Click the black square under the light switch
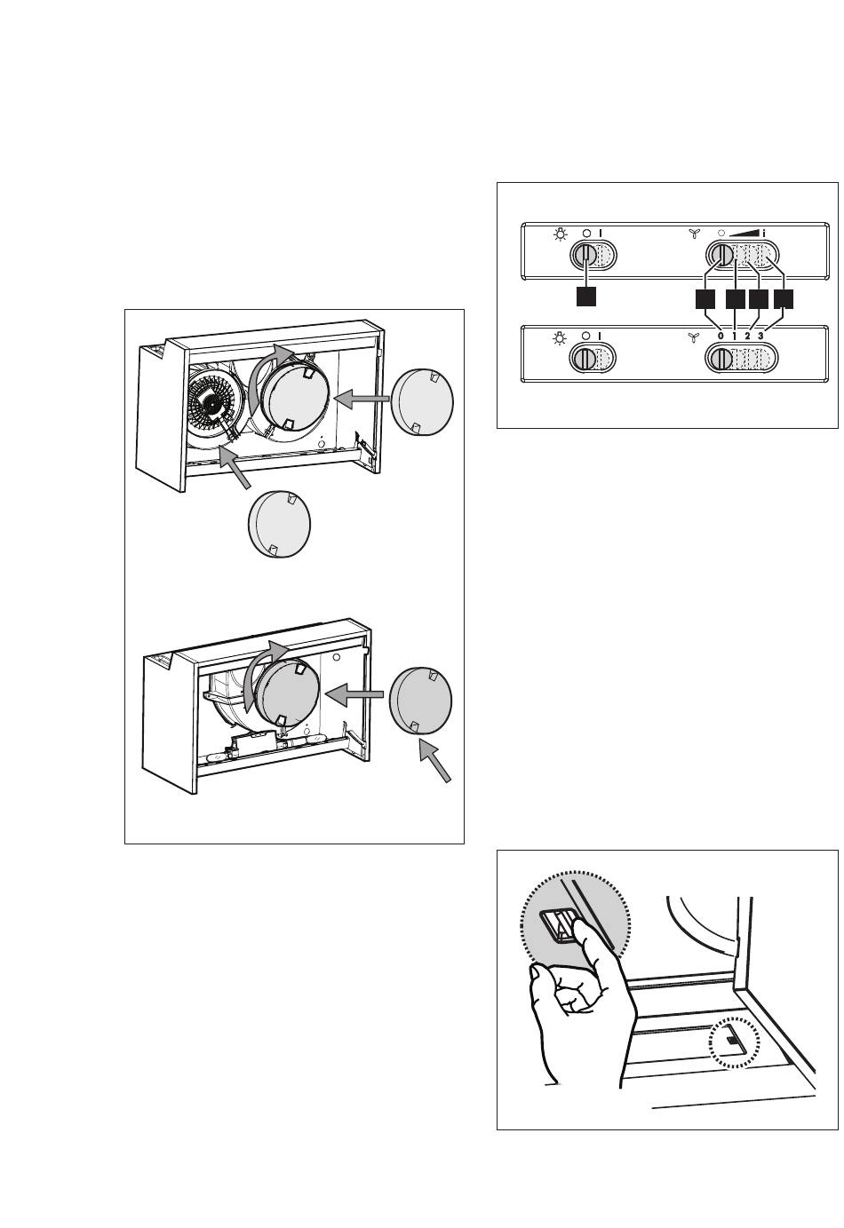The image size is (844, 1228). click(585, 297)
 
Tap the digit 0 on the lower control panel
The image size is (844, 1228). click(720, 336)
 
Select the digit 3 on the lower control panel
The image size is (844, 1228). click(760, 336)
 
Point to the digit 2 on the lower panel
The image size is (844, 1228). click(747, 336)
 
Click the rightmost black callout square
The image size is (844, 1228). click(783, 299)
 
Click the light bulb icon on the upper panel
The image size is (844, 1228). click(560, 234)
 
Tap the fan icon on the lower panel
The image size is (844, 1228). click(694, 337)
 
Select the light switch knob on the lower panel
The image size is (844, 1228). click(584, 360)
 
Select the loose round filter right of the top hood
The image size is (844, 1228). click(423, 401)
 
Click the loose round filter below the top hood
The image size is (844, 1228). click(279, 523)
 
